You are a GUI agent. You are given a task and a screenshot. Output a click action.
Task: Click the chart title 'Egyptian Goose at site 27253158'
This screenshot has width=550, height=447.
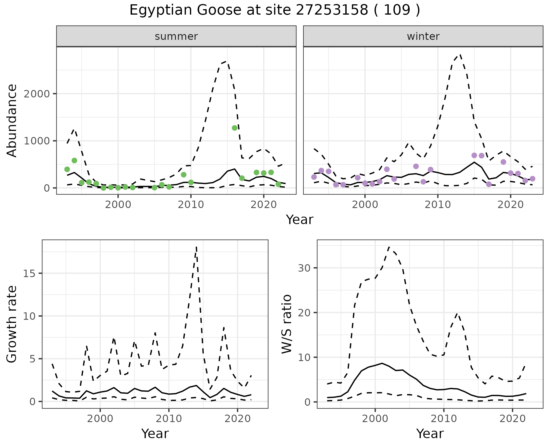(274, 10)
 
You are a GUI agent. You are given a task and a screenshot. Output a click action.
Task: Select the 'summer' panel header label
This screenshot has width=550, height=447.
(176, 36)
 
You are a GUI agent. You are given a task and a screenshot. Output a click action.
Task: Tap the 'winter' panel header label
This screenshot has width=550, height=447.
(423, 36)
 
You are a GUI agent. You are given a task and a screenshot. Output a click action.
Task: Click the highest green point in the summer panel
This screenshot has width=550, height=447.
(235, 128)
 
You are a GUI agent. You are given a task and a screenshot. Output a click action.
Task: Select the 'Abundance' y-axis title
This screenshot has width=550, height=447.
(12, 120)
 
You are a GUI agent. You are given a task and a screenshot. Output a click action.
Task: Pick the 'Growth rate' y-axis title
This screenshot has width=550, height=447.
(12, 324)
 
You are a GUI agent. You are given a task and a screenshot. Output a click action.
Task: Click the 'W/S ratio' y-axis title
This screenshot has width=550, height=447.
(287, 324)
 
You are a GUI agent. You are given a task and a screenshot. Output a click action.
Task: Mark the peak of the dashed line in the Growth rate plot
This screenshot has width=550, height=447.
(196, 247)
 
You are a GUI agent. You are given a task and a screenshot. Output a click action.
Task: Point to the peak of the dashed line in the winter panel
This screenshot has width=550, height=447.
(460, 54)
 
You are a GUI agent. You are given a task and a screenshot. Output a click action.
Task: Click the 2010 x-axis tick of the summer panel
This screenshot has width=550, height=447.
(191, 205)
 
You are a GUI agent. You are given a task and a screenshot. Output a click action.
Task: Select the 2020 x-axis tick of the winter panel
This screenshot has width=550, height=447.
(510, 205)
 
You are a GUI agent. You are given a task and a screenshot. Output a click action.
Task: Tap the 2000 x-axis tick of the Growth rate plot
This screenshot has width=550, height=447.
(100, 419)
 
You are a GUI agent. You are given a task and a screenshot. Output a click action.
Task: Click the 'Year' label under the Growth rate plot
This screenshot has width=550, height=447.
(155, 434)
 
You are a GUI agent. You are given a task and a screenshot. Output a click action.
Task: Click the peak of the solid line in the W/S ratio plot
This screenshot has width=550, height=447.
(382, 363)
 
